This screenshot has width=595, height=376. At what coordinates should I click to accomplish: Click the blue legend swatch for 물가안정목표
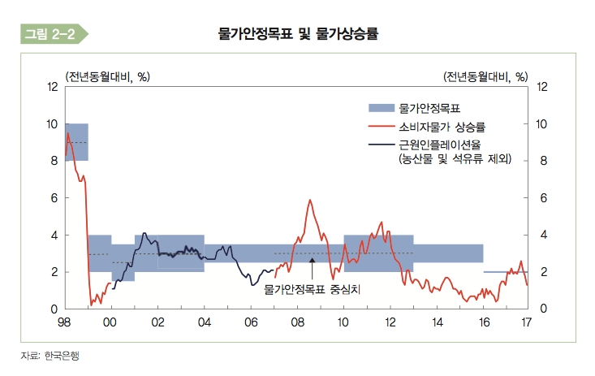pyautogui.click(x=381, y=107)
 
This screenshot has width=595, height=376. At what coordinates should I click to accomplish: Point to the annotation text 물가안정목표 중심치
pyautogui.click(x=312, y=287)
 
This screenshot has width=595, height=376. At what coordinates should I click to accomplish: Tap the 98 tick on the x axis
pyautogui.click(x=65, y=322)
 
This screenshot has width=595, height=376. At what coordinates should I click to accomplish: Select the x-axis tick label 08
pyautogui.click(x=298, y=322)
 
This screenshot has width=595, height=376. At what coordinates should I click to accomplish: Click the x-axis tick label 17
pyautogui.click(x=526, y=322)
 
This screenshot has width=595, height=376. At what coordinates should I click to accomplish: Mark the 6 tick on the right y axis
pyautogui.click(x=542, y=197)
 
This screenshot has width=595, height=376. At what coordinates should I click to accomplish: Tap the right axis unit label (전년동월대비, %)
pyautogui.click(x=485, y=76)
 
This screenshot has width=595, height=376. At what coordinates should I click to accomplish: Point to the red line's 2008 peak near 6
pyautogui.click(x=309, y=200)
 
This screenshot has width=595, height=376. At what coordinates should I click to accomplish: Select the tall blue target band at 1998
pyautogui.click(x=76, y=142)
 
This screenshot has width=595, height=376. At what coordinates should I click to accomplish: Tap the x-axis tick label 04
pyautogui.click(x=205, y=322)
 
